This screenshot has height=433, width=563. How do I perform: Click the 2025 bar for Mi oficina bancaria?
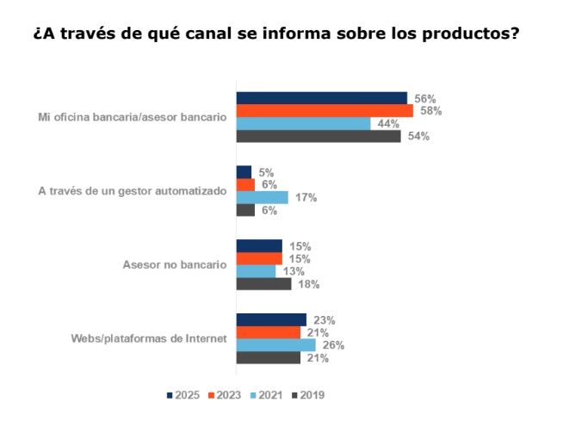(321, 97)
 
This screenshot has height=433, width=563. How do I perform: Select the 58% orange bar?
(325, 110)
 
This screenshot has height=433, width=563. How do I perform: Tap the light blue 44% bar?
(303, 123)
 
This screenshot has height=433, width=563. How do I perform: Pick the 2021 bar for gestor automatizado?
(262, 197)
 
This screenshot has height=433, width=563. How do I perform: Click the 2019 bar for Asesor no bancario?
(263, 284)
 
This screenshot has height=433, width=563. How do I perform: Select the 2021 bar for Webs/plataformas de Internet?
(275, 344)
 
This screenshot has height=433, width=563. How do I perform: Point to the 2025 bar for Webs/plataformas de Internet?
(271, 319)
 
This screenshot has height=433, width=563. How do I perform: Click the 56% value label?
(425, 98)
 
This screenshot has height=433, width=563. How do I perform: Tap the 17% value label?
(306, 197)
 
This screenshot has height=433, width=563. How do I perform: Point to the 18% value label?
(309, 284)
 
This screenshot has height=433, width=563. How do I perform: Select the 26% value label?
(333, 344)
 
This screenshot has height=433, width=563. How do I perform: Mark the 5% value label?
(267, 171)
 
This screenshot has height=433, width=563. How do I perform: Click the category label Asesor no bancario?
(175, 264)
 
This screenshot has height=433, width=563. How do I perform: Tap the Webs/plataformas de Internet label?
(148, 338)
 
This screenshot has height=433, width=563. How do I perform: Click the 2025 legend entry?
(183, 395)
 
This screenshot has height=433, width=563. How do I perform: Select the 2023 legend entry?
(224, 395)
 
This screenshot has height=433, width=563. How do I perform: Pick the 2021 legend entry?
(265, 395)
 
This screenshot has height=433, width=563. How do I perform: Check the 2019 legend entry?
(306, 395)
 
